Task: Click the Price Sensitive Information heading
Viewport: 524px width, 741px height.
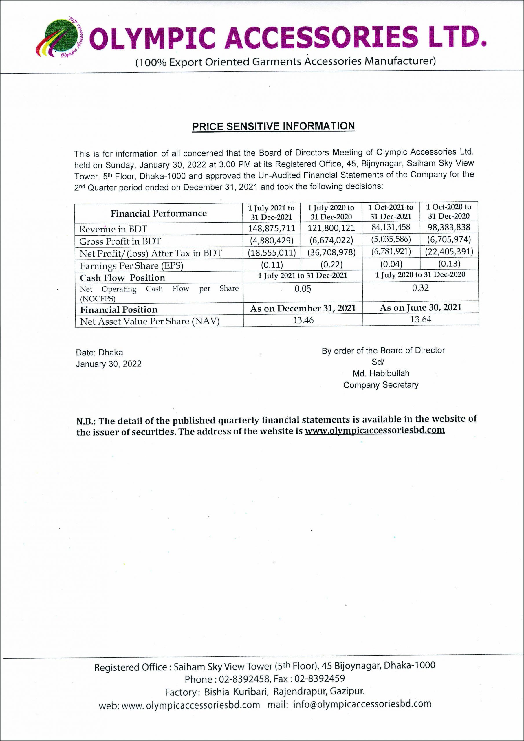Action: click(x=274, y=126)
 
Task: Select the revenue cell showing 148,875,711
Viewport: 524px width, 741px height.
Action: click(x=272, y=228)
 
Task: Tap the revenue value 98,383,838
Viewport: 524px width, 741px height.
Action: click(x=449, y=227)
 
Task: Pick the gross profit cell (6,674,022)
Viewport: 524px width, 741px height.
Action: click(x=331, y=240)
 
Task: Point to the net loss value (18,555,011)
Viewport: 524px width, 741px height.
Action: click(x=272, y=252)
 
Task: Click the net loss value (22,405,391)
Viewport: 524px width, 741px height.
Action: click(x=449, y=252)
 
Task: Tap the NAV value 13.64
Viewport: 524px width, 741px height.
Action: click(x=420, y=319)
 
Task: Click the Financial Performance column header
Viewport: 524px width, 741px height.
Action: click(x=159, y=213)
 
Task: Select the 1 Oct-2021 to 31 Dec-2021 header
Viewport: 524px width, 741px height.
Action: click(x=391, y=212)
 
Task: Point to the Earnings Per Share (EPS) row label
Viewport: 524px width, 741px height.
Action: click(x=131, y=266)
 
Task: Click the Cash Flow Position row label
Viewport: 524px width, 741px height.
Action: click(x=122, y=278)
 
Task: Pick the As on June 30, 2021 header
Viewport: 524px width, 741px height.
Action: click(x=420, y=308)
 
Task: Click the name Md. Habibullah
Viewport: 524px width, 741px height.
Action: click(x=381, y=373)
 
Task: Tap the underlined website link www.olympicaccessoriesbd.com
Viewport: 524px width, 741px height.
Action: click(x=375, y=430)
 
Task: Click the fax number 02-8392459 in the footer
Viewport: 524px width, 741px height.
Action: click(x=320, y=679)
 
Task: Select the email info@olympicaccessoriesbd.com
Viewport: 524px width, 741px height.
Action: click(x=362, y=704)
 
